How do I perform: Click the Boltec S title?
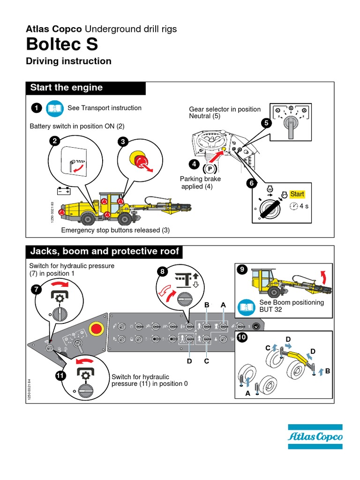pos(62,45)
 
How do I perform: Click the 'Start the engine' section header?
pos(66,88)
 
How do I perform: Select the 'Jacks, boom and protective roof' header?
pos(105,252)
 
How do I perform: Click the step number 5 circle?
pos(267,123)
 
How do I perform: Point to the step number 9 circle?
pos(242,269)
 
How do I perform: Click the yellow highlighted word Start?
pos(297,194)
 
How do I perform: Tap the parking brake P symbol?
pos(210,168)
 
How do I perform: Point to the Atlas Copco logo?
pos(315,437)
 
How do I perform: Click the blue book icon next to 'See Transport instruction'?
pos(55,108)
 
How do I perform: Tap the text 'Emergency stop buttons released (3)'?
pos(115,230)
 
